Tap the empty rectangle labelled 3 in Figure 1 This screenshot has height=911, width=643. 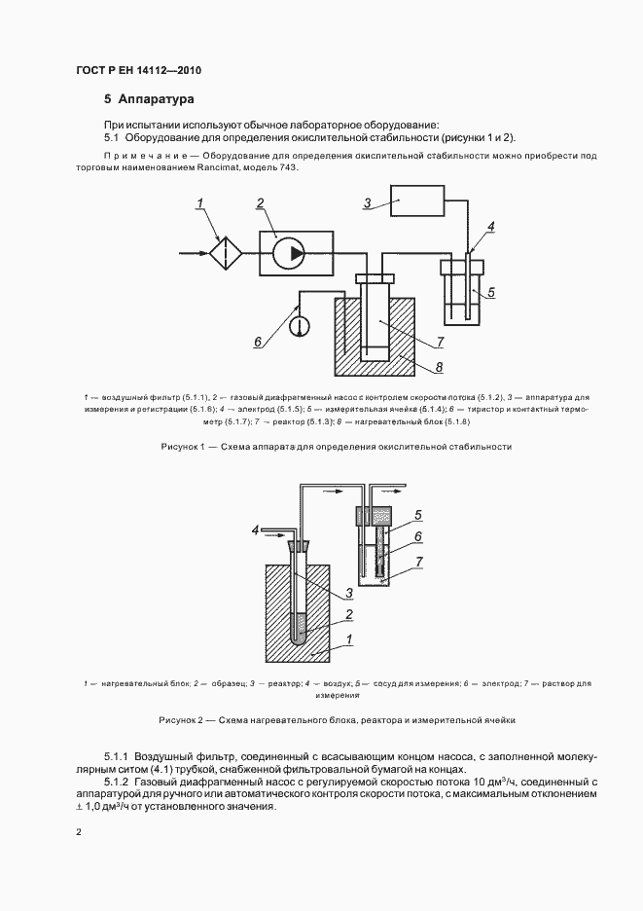coord(417,203)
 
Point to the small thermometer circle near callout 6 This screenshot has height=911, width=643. coord(299,319)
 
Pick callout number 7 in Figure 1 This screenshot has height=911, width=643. coord(440,342)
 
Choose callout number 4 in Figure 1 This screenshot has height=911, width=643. coord(491,227)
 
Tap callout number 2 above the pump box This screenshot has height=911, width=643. coord(260,202)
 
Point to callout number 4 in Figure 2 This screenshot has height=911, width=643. coord(255,530)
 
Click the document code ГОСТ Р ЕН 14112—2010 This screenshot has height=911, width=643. coord(137,71)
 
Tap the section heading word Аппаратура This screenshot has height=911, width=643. coord(157,99)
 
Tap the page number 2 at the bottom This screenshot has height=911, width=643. coord(79,831)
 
